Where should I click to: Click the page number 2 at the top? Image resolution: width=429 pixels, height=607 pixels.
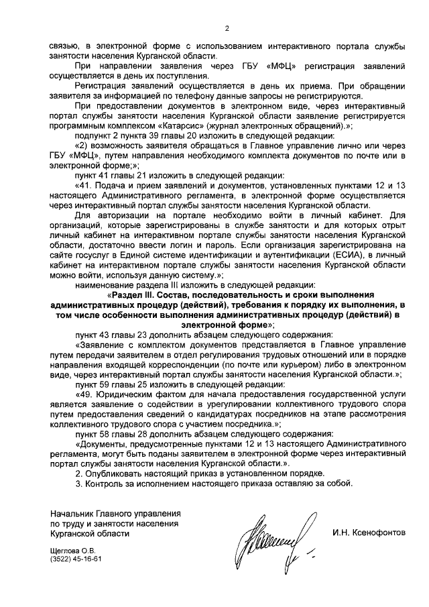(x=227, y=28)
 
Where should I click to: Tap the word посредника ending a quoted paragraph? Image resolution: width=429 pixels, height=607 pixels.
(x=229, y=424)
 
